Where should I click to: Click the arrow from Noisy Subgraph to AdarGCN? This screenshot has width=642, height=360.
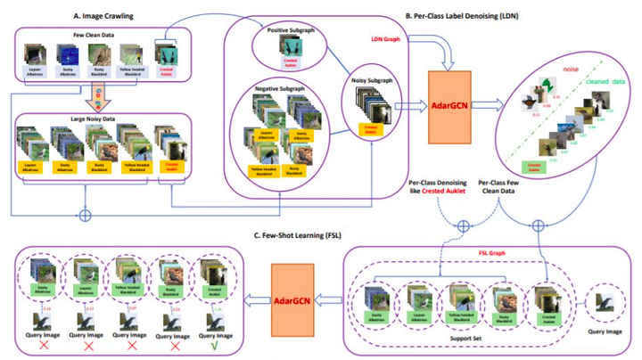tap(410, 105)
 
